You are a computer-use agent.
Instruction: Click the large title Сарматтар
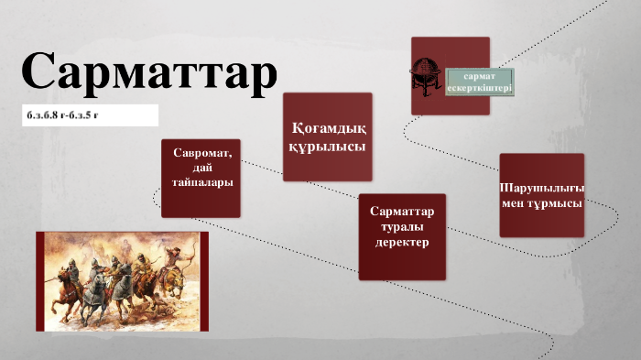147,72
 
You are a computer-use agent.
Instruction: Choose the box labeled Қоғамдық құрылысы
327,136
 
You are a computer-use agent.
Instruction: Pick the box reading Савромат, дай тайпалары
201,178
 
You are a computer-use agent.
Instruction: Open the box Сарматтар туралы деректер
402,236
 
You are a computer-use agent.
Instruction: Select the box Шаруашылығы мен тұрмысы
541,195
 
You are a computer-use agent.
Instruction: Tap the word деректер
402,244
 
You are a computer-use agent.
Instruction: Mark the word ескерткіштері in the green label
479,88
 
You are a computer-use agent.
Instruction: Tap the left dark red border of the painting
39,280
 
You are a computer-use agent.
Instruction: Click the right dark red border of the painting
204,280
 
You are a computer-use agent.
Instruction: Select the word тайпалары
201,182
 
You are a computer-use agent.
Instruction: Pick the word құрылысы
327,146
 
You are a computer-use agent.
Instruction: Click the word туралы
402,228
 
